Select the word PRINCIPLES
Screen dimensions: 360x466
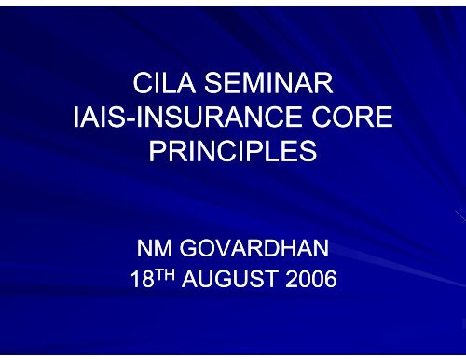coord(233,152)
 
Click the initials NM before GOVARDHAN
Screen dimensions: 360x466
coord(154,250)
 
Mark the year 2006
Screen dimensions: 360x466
coord(312,282)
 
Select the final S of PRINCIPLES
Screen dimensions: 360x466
coord(308,152)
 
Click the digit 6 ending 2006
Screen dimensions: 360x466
coord(329,282)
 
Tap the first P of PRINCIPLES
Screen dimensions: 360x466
coord(158,152)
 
